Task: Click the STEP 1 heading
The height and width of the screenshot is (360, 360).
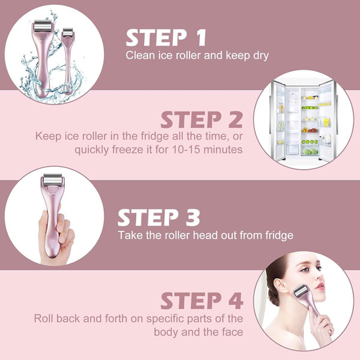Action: pyautogui.click(x=166, y=37)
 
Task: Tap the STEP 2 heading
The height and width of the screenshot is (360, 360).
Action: pyautogui.click(x=202, y=119)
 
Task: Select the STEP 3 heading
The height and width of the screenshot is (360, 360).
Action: pyautogui.click(x=158, y=217)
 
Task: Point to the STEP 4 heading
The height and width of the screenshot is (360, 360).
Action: pyautogui.click(x=202, y=301)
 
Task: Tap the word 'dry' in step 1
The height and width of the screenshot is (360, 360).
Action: pyautogui.click(x=261, y=56)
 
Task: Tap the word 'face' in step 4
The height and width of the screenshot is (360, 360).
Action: pyautogui.click(x=232, y=332)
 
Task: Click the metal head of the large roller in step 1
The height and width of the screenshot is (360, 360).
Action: pyautogui.click(x=43, y=26)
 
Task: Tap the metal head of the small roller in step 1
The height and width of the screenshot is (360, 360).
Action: pyautogui.click(x=68, y=32)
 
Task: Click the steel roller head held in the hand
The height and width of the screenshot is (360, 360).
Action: pyautogui.click(x=53, y=180)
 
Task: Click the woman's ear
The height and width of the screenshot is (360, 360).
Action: pyautogui.click(x=280, y=286)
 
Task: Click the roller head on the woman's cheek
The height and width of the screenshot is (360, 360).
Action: pyautogui.click(x=301, y=291)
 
